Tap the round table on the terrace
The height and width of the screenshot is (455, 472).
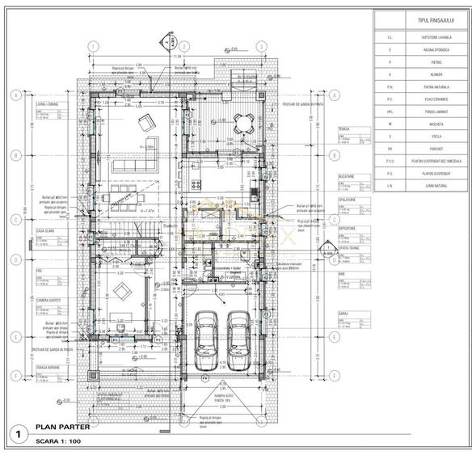click(x=241, y=122)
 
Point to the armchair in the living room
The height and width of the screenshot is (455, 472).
click(x=147, y=123)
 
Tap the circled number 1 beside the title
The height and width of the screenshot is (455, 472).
click(x=15, y=434)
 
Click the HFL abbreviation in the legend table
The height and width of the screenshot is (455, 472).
click(x=390, y=112)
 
